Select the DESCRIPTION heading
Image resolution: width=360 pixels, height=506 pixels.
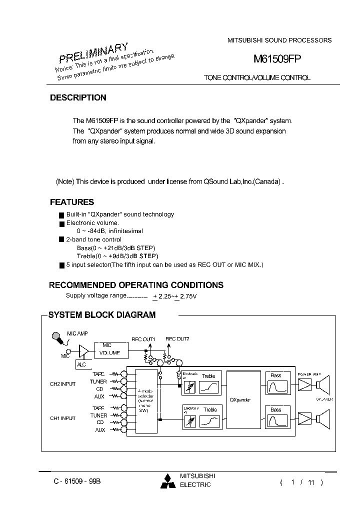pos(78,98)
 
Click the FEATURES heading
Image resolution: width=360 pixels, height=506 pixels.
pos(72,202)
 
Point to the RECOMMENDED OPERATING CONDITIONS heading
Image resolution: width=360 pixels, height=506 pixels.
pos(136,285)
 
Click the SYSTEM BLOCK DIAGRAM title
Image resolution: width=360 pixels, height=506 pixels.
pos(102,315)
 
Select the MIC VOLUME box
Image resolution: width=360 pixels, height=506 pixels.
pos(111,349)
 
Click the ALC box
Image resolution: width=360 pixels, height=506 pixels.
pos(81,365)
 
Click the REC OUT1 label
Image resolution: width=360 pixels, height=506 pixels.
pos(143,339)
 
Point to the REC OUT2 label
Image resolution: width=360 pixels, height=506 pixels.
pos(177,339)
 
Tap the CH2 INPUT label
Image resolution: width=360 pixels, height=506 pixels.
pos(62,384)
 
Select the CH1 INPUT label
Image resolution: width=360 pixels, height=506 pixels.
pos(62,418)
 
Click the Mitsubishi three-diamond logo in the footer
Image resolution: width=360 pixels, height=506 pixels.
pos(168,481)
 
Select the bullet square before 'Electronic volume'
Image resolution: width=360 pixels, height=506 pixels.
pos(61,223)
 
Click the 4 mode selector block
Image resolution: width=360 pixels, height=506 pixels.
pos(146,400)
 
